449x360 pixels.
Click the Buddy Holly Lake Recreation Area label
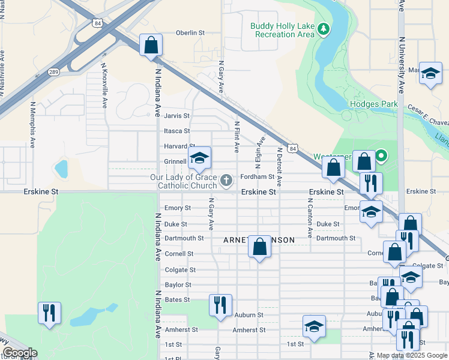pos(282,30)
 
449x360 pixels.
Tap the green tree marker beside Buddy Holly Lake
pos(324,29)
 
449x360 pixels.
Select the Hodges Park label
pos(374,104)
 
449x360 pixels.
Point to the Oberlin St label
pos(190,33)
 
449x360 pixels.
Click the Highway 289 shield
pos(53,72)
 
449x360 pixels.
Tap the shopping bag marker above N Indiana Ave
pos(151,45)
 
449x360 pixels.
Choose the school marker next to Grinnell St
pos(200,158)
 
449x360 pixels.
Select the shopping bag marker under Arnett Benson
pos(259,246)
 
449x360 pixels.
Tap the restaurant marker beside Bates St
pos(220,304)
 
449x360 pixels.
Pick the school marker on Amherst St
pos(314,326)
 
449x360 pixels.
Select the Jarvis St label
pos(177,116)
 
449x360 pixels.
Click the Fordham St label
pos(257,177)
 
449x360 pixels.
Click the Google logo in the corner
pos(20,353)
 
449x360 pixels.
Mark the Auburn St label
pos(249,314)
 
